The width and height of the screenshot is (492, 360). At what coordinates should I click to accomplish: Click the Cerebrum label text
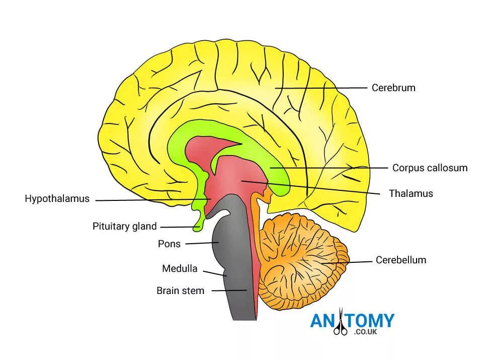pyautogui.click(x=393, y=88)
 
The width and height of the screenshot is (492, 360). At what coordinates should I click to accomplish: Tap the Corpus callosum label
pyautogui.click(x=430, y=168)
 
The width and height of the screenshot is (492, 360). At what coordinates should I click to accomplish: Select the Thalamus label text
pyautogui.click(x=411, y=193)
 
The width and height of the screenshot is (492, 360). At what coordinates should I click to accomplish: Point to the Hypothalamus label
pyautogui.click(x=57, y=198)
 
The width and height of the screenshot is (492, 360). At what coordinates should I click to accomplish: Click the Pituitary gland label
pyautogui.click(x=124, y=226)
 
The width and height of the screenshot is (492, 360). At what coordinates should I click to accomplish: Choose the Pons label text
pyautogui.click(x=169, y=244)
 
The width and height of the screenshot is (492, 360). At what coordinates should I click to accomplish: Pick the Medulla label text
pyautogui.click(x=180, y=268)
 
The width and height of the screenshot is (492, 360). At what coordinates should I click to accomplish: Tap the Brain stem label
pyautogui.click(x=180, y=291)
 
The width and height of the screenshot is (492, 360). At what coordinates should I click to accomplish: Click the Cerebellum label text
pyautogui.click(x=400, y=260)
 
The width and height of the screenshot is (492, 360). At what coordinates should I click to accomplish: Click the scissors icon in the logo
pyautogui.click(x=341, y=325)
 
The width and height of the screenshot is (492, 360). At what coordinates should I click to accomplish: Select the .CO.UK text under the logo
pyautogui.click(x=365, y=333)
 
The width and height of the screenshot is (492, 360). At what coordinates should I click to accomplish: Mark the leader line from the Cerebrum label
pyautogui.click(x=322, y=88)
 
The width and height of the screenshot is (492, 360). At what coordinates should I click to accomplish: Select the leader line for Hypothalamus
pyautogui.click(x=151, y=200)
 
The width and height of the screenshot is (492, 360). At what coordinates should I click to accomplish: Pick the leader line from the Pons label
pyautogui.click(x=201, y=243)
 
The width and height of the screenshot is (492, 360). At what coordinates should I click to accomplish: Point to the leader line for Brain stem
pyautogui.click(x=229, y=291)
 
